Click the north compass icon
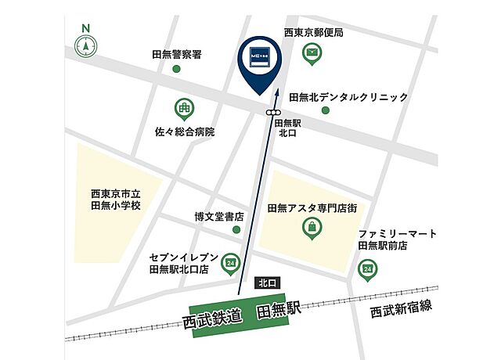click(85, 45)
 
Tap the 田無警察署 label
click(177, 55)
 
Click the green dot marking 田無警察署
click(176, 70)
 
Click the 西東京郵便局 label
click(313, 33)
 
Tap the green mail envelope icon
click(313, 53)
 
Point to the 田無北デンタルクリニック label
click(348, 97)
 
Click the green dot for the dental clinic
click(326, 110)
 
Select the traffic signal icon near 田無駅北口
click(273, 113)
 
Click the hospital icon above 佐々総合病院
click(183, 107)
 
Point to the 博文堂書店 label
click(219, 216)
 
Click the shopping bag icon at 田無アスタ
click(312, 228)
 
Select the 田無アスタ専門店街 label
click(312, 208)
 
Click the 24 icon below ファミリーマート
click(367, 268)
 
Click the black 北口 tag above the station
click(266, 283)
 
